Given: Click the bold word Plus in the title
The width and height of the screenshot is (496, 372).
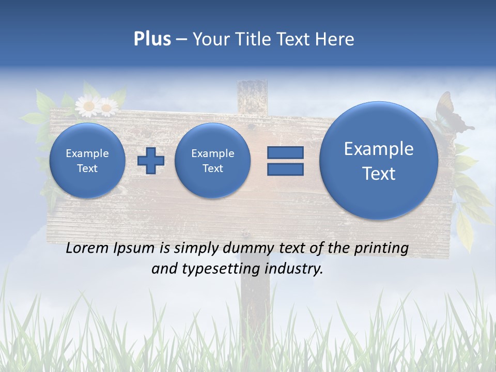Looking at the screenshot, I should point(152,39).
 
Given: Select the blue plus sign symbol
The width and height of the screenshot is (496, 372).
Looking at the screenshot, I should point(151,161).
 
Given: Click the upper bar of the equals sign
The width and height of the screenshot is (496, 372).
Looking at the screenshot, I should point(285,152).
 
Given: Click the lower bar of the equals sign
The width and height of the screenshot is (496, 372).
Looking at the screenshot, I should point(285,169).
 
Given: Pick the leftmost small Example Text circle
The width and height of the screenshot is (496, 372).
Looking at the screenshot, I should point(87,161).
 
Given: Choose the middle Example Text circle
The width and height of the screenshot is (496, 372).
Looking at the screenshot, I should point(212,161).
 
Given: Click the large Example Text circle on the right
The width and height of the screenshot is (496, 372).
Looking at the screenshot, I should point(379,161).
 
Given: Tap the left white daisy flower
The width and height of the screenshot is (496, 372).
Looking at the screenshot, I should point(88,106).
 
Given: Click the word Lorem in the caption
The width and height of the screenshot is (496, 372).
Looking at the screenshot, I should point(88,249).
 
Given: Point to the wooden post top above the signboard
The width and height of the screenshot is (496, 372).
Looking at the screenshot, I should point(252,93).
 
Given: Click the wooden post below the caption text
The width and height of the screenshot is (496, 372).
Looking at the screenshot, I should point(256,310).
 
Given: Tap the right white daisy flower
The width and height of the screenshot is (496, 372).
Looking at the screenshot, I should point(107,107).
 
